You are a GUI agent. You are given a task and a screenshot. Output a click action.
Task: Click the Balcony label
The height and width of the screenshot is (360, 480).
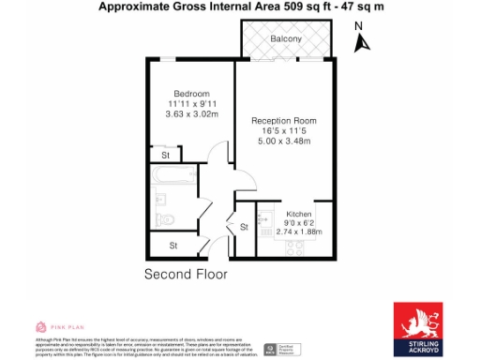click(x=286, y=39)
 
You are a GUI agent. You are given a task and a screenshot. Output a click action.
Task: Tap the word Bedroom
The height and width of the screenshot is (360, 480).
click(x=190, y=94)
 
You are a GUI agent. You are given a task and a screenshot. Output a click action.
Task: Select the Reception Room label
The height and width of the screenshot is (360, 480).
click(x=283, y=121)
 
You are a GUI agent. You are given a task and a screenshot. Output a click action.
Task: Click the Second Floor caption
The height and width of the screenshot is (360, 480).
click(x=185, y=275)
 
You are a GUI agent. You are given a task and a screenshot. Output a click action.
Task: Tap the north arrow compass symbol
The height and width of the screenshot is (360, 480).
click(x=363, y=43)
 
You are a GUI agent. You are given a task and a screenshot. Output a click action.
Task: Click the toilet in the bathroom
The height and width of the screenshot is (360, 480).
click(x=166, y=219)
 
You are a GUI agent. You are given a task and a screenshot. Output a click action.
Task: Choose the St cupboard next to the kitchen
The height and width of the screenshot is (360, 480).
click(x=243, y=227)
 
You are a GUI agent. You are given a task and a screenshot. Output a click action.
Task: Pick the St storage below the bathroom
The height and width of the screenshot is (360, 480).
click(x=174, y=246)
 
